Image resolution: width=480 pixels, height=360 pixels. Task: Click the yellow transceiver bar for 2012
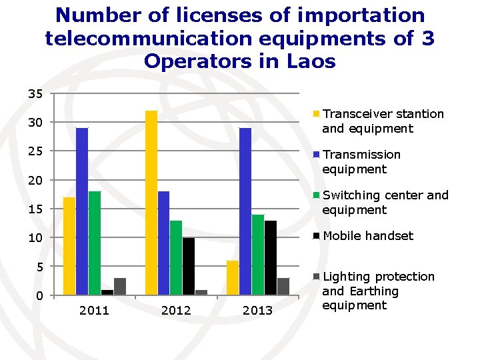pos(151,203)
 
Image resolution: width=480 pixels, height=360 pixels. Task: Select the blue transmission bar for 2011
pos(82,211)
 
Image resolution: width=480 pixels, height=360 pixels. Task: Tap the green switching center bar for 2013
pos(258,255)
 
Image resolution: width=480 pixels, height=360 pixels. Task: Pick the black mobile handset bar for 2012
pos(189,266)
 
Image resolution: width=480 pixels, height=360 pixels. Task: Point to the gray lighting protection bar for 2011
pos(120,287)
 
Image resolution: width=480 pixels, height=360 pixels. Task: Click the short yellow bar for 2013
pos(233,278)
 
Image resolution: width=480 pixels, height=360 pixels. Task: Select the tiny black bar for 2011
pos(107,293)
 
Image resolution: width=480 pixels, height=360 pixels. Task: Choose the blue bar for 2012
pos(163,243)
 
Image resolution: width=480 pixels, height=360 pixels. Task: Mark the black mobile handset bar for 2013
pos(271,258)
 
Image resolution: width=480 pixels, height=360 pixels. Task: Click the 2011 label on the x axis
pos(94,311)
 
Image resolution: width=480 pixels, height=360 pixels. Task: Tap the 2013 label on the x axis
pos(257,311)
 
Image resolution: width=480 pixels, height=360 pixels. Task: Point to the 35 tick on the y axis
pos(35,94)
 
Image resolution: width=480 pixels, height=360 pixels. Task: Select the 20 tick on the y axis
pos(35,180)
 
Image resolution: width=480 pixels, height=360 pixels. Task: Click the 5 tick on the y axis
pos(40,267)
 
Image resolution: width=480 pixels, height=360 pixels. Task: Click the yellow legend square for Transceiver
pos(316,114)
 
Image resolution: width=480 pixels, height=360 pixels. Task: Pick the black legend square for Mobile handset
pos(316,236)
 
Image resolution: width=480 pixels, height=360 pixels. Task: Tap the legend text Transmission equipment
pos(361,161)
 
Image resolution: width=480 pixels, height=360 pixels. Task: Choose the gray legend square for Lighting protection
pos(316,277)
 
